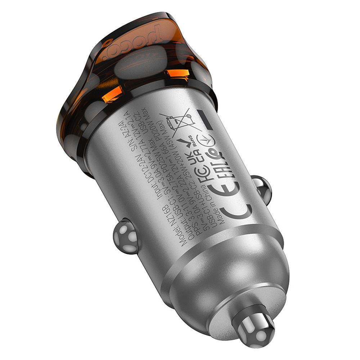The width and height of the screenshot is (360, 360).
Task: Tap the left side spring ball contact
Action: [125, 237]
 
